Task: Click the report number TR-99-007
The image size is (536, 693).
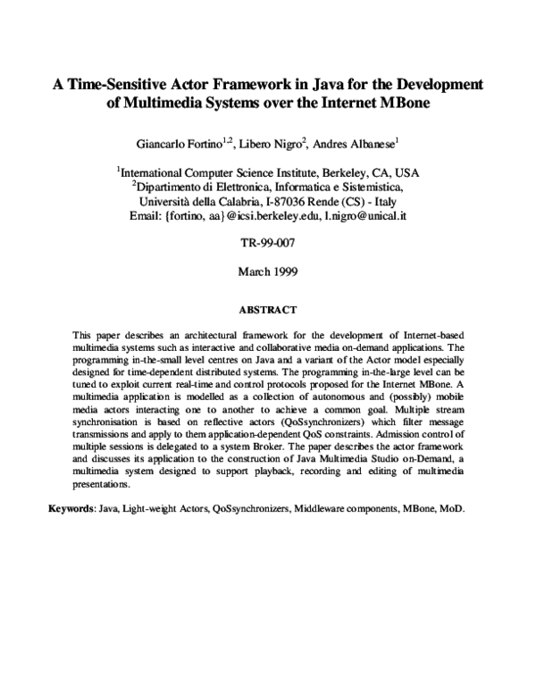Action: click(x=267, y=243)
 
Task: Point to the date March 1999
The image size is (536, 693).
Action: click(x=267, y=271)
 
